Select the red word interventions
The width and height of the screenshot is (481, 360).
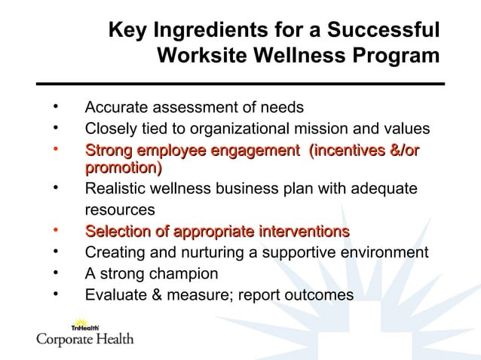(304, 230)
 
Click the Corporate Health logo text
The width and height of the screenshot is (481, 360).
(85, 340)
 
